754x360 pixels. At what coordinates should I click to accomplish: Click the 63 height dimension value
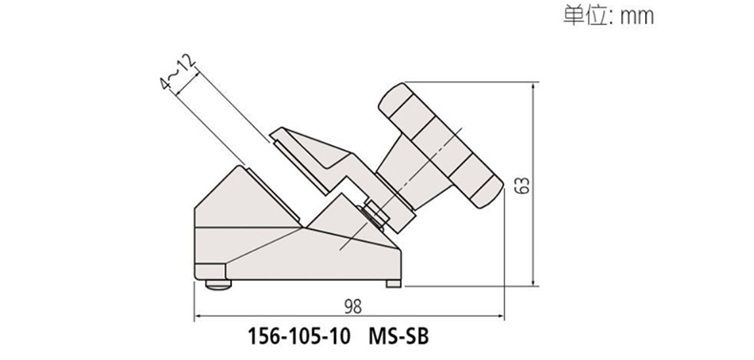522,185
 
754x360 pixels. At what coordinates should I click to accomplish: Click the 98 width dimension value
353,307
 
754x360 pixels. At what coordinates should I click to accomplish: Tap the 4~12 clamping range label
178,73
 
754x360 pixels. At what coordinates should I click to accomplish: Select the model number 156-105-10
299,336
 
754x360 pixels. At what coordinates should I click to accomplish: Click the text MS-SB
398,336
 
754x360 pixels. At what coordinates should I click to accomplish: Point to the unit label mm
638,17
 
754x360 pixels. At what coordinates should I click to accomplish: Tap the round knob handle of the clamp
440,145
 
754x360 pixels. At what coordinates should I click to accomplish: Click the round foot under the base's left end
219,285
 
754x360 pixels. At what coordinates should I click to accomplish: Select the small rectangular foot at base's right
393,284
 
